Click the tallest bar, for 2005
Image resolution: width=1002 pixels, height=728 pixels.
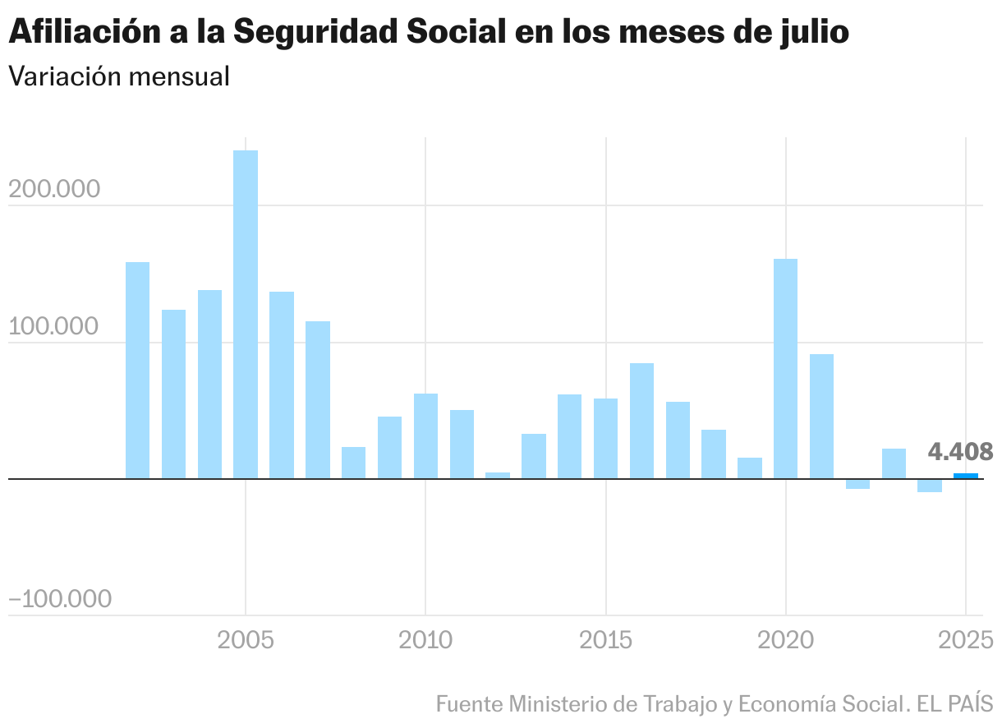pos(246,314)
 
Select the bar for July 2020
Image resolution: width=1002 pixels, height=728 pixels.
pos(786,368)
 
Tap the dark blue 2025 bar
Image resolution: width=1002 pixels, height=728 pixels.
pos(966,476)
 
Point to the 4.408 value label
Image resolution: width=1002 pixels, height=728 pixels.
pos(960,452)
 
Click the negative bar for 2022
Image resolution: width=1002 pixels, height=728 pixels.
pos(857,484)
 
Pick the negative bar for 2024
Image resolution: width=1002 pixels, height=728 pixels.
pos(930,486)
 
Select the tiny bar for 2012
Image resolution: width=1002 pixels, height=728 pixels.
pos(498,475)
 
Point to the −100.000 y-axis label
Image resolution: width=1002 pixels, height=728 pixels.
pos(59,600)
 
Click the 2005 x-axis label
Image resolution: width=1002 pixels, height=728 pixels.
pos(245,640)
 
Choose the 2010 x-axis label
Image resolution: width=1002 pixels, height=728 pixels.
pos(425,640)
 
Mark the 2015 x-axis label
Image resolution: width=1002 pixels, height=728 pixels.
pos(605,640)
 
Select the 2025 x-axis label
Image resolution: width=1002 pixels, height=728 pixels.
pos(966,640)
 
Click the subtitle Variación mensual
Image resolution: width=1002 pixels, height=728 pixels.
pos(118,76)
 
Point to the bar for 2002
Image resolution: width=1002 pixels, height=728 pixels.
pos(138,370)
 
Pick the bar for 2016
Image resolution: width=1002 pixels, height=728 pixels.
pos(641,421)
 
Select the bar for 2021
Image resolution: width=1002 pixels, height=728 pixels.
pos(821,416)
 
